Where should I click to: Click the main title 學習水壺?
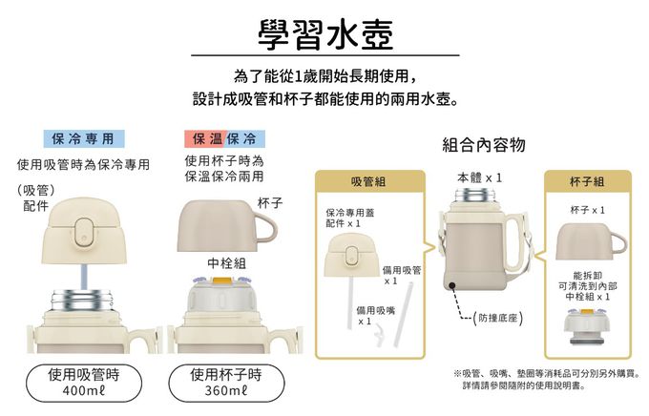pos(325,34)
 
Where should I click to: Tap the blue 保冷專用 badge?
pos(84,138)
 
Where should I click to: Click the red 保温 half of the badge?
pos(205,138)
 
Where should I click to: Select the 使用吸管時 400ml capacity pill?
pos(84,383)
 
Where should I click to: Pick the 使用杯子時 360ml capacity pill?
pos(226,383)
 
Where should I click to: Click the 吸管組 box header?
pos(370,181)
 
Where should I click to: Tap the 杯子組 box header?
pos(588,181)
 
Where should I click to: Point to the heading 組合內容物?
pos(484,145)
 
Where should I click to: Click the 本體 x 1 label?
pos(479,178)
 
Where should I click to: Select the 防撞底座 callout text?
pos(498,318)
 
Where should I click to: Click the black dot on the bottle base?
pos(452,285)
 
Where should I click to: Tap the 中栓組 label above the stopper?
pos(226,262)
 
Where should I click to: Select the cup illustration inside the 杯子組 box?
pos(591,241)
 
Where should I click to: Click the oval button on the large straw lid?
pos(84,231)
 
